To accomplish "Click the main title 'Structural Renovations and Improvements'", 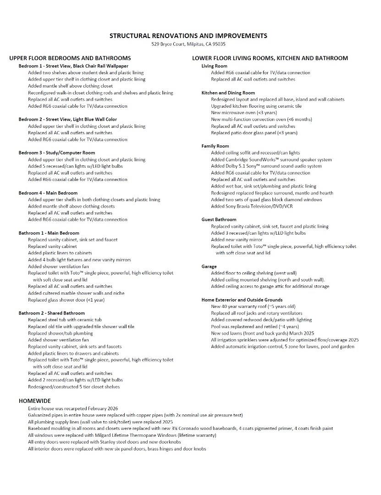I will pyautogui.click(x=188, y=36).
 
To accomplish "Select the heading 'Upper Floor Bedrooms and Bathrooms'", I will pyautogui.click(x=70, y=58).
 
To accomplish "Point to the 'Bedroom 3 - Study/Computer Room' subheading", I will pyautogui.click(x=57, y=153).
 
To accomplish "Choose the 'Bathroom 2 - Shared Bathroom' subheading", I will pyautogui.click(x=52, y=313).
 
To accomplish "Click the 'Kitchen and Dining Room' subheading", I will pyautogui.click(x=228, y=93).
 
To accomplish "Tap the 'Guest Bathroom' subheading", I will pyautogui.click(x=219, y=220).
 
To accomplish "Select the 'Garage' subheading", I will pyautogui.click(x=209, y=266).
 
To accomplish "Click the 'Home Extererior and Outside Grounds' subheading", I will pyautogui.click(x=242, y=300).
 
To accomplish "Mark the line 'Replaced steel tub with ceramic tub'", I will pyautogui.click(x=65, y=320).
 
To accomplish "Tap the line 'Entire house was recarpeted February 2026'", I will pyautogui.click(x=73, y=408).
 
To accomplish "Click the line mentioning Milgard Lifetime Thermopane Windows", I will pyautogui.click(x=122, y=435).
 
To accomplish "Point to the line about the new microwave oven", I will pyautogui.click(x=237, y=113).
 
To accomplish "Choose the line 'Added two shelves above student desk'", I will pyautogui.click(x=86, y=72).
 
